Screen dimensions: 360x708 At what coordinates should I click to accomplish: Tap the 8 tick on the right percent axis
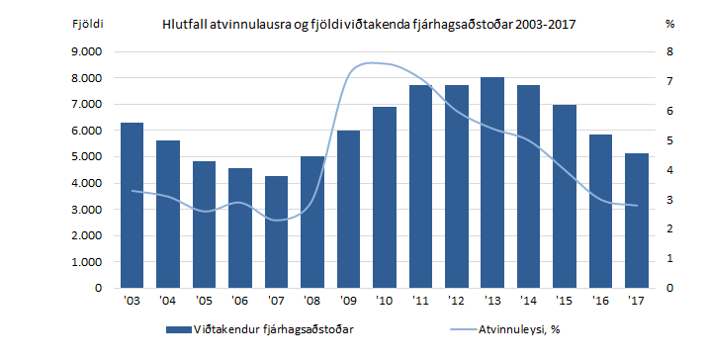click(670, 51)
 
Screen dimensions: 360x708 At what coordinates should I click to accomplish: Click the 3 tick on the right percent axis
click(670, 200)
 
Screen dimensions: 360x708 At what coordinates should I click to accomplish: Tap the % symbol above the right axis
click(670, 22)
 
